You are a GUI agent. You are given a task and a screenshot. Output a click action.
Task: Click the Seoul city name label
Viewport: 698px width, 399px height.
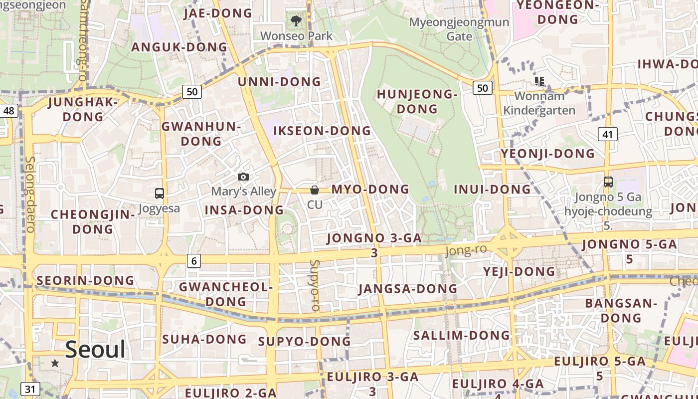95,350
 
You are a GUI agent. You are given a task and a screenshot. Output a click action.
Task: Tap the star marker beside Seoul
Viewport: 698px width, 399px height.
55,363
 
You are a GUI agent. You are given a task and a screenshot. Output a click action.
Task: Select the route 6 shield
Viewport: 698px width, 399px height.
194,260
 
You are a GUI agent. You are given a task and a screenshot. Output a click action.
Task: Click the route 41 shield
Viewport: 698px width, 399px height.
607,134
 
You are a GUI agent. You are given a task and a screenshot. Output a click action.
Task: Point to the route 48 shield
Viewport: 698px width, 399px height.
8,110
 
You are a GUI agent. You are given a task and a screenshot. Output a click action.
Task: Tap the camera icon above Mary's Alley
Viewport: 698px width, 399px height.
243,177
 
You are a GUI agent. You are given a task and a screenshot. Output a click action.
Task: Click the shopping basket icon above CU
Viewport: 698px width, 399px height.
315,190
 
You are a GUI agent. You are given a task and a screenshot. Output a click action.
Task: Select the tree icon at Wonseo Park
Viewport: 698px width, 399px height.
296,21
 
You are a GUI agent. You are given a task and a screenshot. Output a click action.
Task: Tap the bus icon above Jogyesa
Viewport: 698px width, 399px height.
160,193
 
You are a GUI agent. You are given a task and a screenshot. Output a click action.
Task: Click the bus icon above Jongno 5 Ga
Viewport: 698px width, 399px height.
608,182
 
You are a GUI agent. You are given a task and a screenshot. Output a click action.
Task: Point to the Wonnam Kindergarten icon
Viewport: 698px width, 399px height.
539,81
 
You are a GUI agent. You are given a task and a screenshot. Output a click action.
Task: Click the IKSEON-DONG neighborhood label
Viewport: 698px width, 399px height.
322,131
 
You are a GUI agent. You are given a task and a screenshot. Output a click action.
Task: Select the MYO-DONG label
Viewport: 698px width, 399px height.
370,190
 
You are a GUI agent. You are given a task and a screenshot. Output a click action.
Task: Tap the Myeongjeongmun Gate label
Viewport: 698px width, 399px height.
459,29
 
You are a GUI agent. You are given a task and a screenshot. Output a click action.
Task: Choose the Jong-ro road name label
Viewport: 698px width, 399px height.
466,250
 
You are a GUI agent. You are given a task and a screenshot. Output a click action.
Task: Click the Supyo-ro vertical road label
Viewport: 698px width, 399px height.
314,285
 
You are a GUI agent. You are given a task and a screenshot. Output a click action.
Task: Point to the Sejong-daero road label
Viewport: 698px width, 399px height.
30,195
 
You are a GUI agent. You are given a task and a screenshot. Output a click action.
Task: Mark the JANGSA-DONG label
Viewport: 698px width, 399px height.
407,289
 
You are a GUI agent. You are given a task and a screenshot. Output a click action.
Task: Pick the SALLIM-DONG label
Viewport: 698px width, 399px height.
461,335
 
